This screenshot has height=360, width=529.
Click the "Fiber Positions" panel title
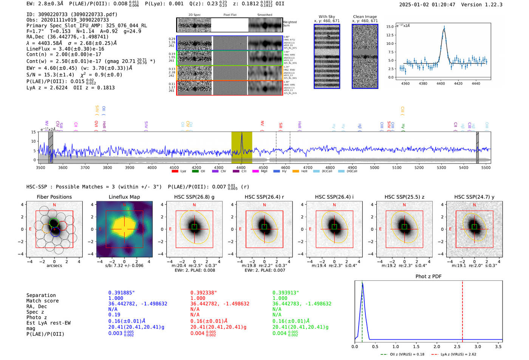click(x=54, y=197)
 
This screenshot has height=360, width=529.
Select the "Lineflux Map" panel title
click(x=124, y=197)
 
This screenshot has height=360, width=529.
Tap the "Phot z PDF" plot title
click(x=428, y=277)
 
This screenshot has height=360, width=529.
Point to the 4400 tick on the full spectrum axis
click(x=241, y=167)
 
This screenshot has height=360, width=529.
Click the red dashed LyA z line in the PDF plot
click(x=462, y=310)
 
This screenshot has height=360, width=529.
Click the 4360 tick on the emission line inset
click(x=405, y=83)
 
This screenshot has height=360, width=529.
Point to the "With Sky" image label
click(x=326, y=17)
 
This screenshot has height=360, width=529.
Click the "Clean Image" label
click(x=365, y=17)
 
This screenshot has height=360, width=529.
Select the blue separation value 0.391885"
click(x=122, y=293)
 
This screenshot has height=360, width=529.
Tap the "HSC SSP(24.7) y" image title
click(x=474, y=197)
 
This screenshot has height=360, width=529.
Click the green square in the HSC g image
click(x=194, y=227)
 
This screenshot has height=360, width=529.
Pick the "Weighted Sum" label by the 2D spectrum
click(x=290, y=24)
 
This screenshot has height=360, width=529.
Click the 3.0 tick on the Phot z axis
click(x=478, y=346)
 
